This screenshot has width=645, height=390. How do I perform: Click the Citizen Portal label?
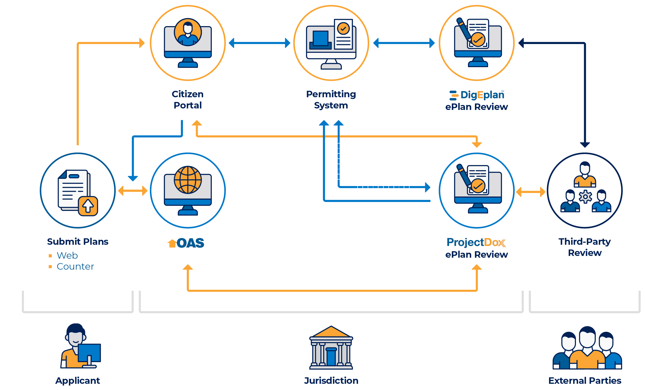[x=187, y=99]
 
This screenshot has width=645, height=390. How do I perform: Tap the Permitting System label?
[x=331, y=99]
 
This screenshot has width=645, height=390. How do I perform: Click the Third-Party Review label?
[x=585, y=247]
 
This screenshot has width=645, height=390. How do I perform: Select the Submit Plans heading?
[x=78, y=242]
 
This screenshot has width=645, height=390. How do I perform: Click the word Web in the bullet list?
[x=67, y=255]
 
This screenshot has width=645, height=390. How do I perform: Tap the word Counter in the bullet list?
[x=75, y=266]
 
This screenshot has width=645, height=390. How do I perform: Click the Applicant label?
[x=78, y=380]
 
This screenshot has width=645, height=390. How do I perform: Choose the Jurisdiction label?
[x=331, y=380]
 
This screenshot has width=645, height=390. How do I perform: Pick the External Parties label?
[x=585, y=380]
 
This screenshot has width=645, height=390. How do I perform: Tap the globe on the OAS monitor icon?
[x=188, y=180]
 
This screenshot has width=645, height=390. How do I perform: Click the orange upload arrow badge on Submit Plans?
[x=88, y=206]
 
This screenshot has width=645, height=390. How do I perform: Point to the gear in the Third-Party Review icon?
[x=585, y=197]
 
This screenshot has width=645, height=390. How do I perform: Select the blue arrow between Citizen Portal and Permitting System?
[x=259, y=43]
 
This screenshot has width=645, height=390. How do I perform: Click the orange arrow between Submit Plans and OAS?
[x=133, y=191]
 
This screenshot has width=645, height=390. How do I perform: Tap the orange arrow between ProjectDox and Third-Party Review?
[x=530, y=192]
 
